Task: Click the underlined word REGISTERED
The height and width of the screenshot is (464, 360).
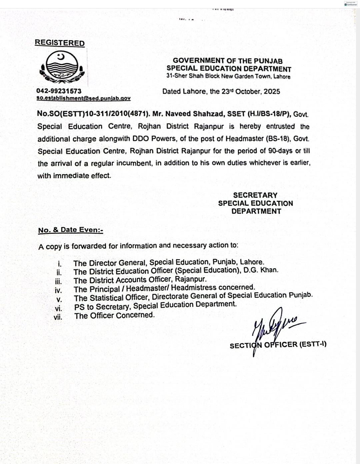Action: tap(60, 43)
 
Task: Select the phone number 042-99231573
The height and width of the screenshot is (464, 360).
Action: tap(59, 91)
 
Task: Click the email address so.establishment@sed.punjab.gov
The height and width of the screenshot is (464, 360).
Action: tap(83, 98)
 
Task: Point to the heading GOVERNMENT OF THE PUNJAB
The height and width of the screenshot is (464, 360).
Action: tap(228, 61)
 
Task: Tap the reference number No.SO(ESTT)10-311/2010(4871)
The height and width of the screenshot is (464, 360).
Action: tap(93, 114)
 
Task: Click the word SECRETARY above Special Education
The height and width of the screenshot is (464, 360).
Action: tap(255, 195)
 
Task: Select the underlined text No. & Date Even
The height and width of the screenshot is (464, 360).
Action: tap(70, 230)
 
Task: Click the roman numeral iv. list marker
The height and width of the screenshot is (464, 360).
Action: tap(58, 290)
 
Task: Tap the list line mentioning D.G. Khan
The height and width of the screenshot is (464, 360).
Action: tap(176, 271)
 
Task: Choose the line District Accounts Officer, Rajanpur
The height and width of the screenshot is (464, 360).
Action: tap(140, 280)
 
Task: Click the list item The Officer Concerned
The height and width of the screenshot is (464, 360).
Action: tap(114, 315)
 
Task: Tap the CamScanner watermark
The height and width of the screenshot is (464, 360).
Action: tap(351, 4)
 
